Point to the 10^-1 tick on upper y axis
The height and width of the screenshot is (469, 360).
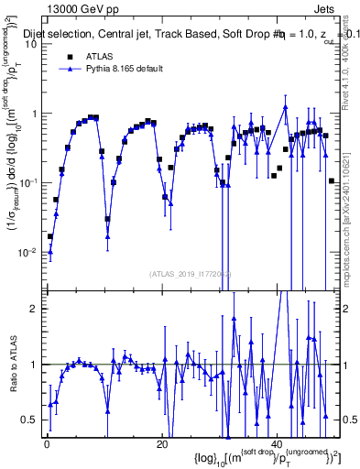pos(29,182)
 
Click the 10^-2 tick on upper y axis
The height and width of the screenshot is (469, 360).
pos(29,251)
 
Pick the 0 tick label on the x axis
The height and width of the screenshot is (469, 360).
pos(46,444)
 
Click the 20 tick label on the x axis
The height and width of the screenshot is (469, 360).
pos(161,444)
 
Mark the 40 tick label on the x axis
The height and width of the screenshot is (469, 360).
pos(277,444)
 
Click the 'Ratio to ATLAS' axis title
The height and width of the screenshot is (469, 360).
pos(12,386)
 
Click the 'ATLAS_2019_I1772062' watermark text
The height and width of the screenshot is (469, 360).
pos(190,274)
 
